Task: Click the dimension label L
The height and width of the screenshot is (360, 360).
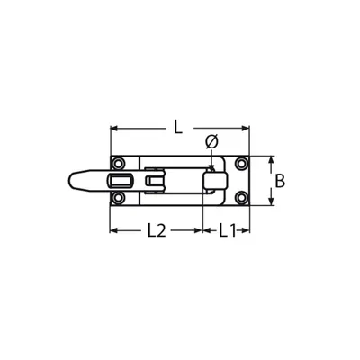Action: (178, 127)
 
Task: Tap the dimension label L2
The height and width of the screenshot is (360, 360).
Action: (157, 230)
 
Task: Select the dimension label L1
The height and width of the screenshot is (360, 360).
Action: (227, 230)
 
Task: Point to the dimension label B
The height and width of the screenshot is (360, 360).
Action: (280, 181)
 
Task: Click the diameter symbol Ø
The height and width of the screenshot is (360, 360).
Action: (211, 142)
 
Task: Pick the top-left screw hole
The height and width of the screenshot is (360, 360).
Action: (118, 164)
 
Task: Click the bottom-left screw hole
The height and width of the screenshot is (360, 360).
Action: (118, 197)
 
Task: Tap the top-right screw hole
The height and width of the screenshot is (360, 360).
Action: (241, 164)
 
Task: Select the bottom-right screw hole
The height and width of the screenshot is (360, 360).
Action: (241, 197)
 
